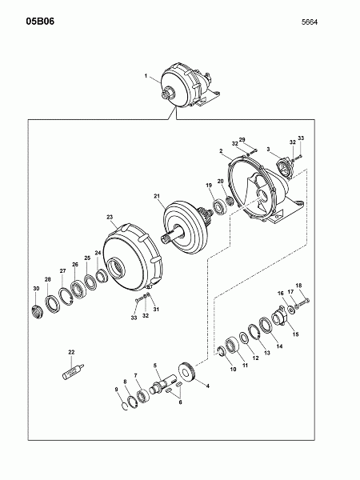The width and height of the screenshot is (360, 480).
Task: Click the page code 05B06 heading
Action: (40, 22)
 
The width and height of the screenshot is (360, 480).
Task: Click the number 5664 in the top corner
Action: (310, 22)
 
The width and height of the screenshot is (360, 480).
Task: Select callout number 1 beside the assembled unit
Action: (146, 76)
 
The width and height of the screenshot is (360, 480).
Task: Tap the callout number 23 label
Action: (110, 217)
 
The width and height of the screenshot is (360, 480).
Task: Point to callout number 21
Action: (157, 196)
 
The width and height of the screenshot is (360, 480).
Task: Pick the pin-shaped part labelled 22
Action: (73, 371)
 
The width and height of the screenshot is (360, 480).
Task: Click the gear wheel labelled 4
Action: (186, 372)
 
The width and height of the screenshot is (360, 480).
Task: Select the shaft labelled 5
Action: (163, 385)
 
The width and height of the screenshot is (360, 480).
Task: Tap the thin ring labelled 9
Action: (124, 406)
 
